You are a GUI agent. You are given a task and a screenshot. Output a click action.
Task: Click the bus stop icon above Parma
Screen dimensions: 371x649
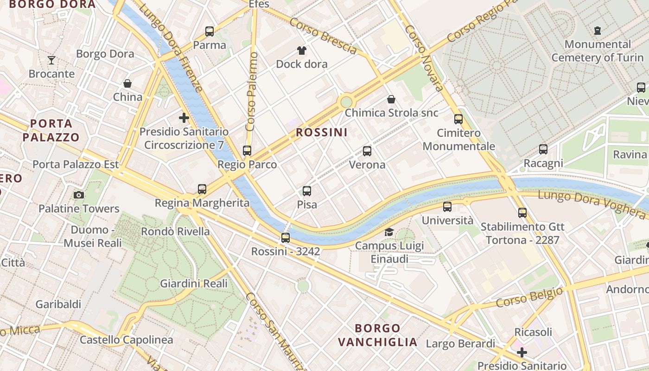coord(210,32)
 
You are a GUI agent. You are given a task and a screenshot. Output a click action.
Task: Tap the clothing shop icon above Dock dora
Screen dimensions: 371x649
coord(302,50)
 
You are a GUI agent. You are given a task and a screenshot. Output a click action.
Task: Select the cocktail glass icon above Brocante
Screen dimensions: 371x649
coord(51,60)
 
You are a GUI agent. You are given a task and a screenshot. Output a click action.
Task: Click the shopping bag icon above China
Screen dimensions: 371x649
coord(127,83)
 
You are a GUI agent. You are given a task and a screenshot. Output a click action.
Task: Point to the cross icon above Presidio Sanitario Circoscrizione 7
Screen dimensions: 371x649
coord(184,118)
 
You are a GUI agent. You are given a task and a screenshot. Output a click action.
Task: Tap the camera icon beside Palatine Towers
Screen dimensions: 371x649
coord(79,195)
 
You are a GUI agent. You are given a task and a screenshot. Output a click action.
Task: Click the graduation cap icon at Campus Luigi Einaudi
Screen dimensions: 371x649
coord(389,232)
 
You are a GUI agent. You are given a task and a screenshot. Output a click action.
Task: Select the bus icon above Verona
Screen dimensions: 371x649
coord(367,151)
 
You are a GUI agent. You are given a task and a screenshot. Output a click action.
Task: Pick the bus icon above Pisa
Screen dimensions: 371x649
coord(307,191)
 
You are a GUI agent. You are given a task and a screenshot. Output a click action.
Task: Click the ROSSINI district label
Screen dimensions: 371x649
coord(322,133)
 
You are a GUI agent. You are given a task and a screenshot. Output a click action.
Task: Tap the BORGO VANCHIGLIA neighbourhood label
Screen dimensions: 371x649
coord(377,335)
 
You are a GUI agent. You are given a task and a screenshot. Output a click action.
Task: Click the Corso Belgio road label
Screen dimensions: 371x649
coord(529,298)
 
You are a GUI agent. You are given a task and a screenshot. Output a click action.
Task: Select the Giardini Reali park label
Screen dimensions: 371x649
coord(194,283)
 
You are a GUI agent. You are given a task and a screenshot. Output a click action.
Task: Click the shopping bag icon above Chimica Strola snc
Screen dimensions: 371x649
coord(391,99)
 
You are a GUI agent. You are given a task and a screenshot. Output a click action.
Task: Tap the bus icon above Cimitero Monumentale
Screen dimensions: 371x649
coord(458,119)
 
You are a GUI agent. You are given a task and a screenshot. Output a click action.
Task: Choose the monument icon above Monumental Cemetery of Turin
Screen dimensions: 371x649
coord(598,31)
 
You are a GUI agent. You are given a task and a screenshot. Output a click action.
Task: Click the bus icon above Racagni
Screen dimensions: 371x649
coord(543,149)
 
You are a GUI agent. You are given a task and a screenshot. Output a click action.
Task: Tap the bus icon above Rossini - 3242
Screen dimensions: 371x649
coord(286,237)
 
